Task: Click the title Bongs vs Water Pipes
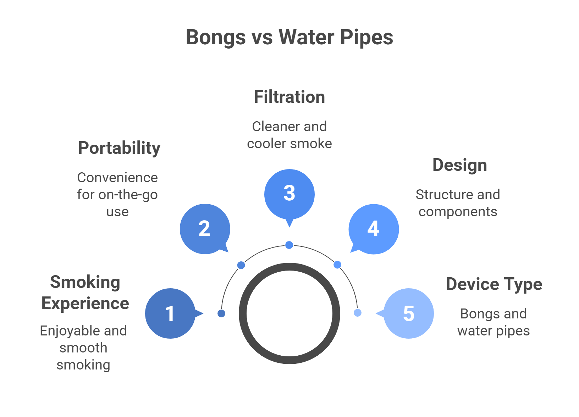click(x=289, y=37)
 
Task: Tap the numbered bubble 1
click(x=170, y=313)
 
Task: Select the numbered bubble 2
click(x=205, y=229)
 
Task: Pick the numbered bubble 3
click(x=289, y=194)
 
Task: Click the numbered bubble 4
click(x=374, y=229)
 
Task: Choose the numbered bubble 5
click(x=409, y=313)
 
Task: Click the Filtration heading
click(x=289, y=97)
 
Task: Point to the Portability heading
click(x=119, y=148)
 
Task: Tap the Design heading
click(x=460, y=165)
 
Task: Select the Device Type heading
click(x=494, y=284)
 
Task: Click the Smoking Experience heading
click(x=85, y=293)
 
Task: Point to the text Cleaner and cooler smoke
click(x=289, y=135)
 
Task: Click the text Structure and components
click(x=458, y=203)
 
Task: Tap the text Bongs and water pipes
click(x=493, y=322)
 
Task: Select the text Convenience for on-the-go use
click(x=117, y=195)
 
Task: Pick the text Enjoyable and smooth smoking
click(x=83, y=348)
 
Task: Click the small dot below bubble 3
click(x=289, y=245)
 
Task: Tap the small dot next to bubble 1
click(x=221, y=313)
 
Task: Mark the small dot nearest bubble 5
click(x=358, y=312)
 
